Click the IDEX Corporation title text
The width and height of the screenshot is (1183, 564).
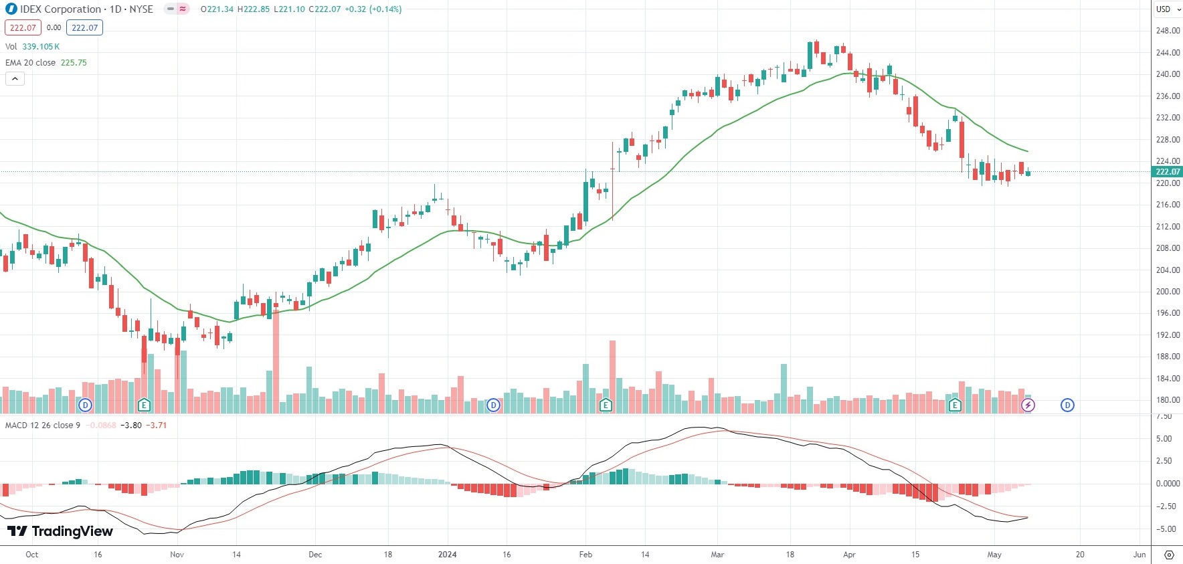(60, 9)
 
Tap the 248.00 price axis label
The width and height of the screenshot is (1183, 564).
(1168, 31)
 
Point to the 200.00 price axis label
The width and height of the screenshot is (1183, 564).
(1168, 292)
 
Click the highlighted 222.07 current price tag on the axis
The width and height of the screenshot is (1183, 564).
(1168, 172)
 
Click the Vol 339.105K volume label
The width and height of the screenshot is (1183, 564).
(32, 47)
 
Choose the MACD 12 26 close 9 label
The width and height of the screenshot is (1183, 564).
(43, 426)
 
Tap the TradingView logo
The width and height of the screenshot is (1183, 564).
(60, 531)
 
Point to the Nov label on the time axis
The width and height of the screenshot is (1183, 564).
(177, 555)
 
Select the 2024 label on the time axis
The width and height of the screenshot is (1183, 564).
(447, 555)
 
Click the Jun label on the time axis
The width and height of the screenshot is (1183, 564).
(1139, 555)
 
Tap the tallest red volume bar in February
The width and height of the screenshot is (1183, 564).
(612, 377)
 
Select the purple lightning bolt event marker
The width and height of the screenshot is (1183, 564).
(1028, 405)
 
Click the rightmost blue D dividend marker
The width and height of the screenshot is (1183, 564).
(1067, 405)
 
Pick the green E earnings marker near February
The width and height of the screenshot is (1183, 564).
(606, 405)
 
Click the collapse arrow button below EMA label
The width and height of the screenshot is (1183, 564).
(15, 79)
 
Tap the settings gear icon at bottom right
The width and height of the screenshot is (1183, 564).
(1169, 555)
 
